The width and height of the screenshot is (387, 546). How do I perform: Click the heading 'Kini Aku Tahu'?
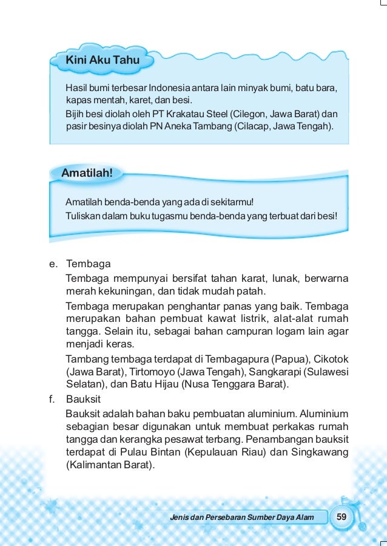coord(103,60)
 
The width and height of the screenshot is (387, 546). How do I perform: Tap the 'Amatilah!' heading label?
coord(87,172)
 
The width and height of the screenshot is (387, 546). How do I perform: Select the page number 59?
coord(342,516)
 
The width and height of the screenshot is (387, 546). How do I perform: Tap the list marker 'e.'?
coord(54,265)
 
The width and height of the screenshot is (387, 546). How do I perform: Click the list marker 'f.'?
coord(53,399)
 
